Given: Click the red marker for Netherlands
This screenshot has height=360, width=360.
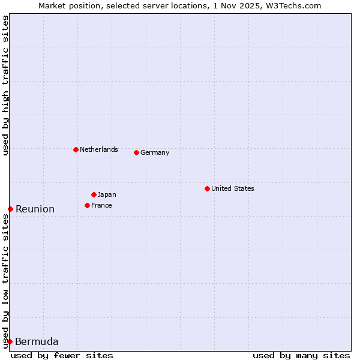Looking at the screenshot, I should (x=76, y=149).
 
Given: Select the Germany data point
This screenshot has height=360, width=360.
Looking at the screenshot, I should (x=136, y=152).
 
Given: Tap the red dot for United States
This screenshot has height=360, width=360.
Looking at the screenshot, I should (x=207, y=188).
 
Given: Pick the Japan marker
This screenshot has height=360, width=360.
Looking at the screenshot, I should (x=94, y=194).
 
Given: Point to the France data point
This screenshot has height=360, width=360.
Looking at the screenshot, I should (x=87, y=205).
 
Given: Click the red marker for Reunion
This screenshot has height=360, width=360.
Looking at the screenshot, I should (x=10, y=209).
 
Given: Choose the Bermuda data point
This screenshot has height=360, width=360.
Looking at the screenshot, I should (x=10, y=341).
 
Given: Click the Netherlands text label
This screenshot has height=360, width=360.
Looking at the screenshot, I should (x=99, y=149).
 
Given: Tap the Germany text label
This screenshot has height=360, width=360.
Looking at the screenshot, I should (x=155, y=152).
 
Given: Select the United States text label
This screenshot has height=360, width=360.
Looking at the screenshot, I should (x=233, y=188).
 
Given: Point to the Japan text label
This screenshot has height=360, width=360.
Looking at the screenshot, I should (x=107, y=194).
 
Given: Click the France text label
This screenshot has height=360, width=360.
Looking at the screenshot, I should (x=101, y=205).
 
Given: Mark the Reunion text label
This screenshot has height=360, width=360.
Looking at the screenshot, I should (x=35, y=209).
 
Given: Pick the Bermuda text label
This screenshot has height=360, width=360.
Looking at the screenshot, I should (x=37, y=341).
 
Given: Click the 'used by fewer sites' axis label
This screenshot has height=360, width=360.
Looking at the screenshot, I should (x=62, y=355).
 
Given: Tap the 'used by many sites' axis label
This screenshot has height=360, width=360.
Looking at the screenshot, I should (x=301, y=355).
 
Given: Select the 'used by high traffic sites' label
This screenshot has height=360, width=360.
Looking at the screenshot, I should (x=5, y=85).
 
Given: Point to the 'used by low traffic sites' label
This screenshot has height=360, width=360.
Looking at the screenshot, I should (x=5, y=281).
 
